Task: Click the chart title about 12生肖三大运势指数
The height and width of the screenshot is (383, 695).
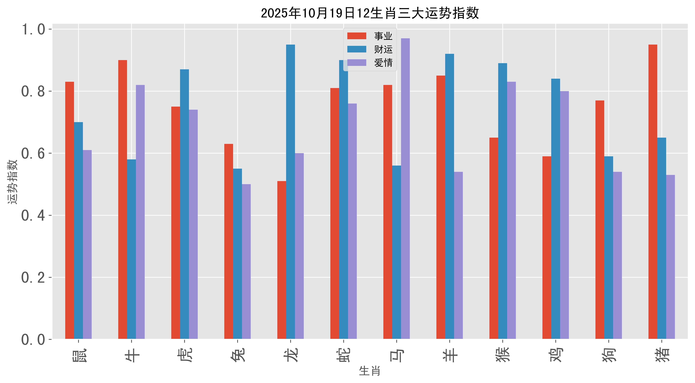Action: pos(370,13)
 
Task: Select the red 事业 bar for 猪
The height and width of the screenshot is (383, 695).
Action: pos(653,192)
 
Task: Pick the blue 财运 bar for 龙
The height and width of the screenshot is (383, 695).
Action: pos(291,192)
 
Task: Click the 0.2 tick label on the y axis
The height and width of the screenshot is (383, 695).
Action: pos(33,278)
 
